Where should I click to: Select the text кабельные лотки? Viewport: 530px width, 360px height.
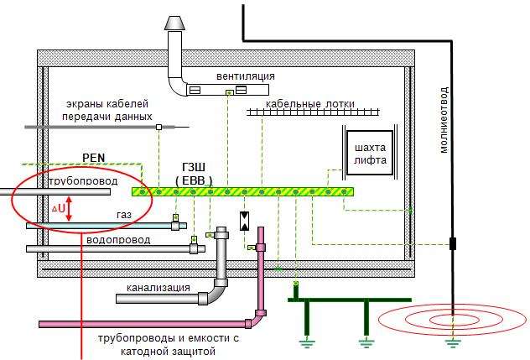[x=310, y=104]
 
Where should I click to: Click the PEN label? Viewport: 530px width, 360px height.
[x=94, y=157]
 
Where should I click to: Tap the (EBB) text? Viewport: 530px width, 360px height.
[x=194, y=180]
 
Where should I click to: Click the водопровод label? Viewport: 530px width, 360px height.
[x=118, y=239]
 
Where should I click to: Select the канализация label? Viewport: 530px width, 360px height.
[x=158, y=287]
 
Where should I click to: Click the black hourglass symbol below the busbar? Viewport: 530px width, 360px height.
[x=244, y=221]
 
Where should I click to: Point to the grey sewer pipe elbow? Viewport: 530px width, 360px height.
[x=216, y=294]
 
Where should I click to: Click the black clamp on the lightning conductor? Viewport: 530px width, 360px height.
[x=452, y=244]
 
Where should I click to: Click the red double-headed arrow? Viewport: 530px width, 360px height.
[x=70, y=208]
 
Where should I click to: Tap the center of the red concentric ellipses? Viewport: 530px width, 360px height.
[x=452, y=320]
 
